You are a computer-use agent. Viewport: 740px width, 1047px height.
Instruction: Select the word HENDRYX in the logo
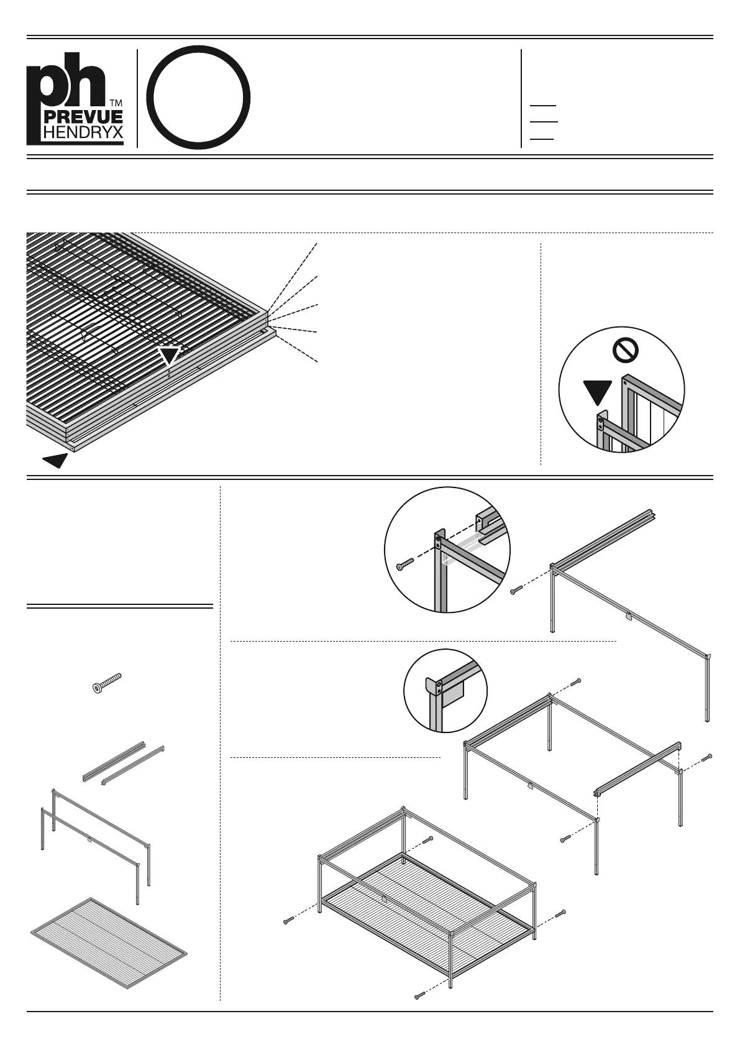coord(82,132)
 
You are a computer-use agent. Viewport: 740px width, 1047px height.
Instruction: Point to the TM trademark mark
coord(116,103)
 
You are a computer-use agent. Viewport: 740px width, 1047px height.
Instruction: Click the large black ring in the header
coord(199,97)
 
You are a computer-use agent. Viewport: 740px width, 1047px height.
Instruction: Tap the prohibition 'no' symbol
coord(625,351)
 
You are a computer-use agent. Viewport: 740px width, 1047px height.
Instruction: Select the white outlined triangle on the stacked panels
coord(169,356)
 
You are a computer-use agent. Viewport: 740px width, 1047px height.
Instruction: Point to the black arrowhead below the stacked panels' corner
coord(55,461)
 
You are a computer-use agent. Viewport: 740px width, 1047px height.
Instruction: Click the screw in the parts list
coord(106,682)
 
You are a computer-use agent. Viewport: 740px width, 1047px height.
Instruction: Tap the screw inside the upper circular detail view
coord(404,565)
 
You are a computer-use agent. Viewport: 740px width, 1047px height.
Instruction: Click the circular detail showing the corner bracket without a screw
coord(445,691)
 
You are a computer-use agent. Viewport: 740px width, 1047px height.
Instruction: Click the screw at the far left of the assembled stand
coord(288,920)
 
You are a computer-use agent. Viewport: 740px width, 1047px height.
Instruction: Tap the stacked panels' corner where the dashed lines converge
coord(268,318)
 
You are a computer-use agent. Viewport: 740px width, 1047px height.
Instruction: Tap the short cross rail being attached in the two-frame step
coord(639,769)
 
